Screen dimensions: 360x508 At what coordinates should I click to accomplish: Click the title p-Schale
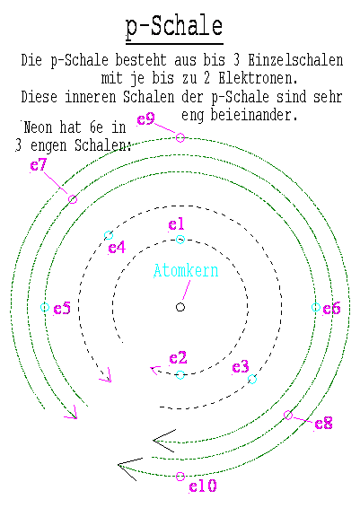174,28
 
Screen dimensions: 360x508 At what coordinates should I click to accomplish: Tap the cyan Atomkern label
186,271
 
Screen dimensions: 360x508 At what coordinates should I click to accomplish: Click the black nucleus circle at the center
180,307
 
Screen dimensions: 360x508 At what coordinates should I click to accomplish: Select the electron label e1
176,224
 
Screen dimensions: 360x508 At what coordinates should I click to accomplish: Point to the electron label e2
178,358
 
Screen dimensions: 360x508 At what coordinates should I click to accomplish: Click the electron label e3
241,367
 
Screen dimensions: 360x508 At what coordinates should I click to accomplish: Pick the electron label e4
117,248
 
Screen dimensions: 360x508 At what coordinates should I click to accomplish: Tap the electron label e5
62,309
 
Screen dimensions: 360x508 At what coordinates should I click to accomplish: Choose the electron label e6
331,309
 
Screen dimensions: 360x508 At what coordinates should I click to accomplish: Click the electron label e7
39,165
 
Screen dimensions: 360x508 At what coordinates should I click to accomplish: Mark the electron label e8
323,424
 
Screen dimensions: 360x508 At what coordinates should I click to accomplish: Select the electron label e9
145,119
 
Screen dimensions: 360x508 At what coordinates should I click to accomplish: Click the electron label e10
203,486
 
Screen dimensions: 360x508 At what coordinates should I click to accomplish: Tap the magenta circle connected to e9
180,137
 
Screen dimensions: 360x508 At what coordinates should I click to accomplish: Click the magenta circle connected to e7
73,199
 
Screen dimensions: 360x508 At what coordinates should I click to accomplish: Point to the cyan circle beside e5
45,307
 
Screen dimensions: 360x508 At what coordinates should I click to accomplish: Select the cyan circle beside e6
316,307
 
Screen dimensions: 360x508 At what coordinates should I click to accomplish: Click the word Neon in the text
38,127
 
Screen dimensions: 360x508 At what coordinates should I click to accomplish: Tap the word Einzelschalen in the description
295,61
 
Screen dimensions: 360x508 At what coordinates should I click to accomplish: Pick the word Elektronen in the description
258,78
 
